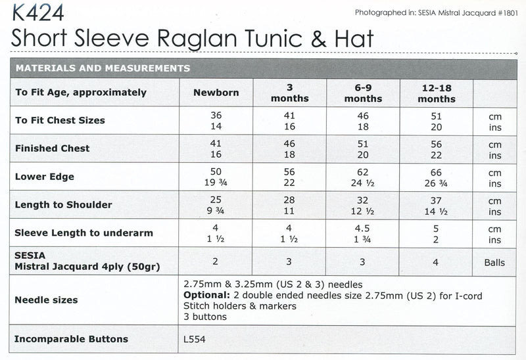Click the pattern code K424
[33, 12]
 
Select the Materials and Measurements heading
[103, 68]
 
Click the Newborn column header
[216, 93]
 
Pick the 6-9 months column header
[363, 93]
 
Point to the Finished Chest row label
[53, 149]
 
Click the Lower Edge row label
[45, 177]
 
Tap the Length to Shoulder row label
[64, 205]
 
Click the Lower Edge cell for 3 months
[289, 177]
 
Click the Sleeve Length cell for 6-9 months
[363, 233]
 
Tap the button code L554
[197, 340]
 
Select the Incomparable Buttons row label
[72, 340]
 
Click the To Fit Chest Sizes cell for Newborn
[216, 120]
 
